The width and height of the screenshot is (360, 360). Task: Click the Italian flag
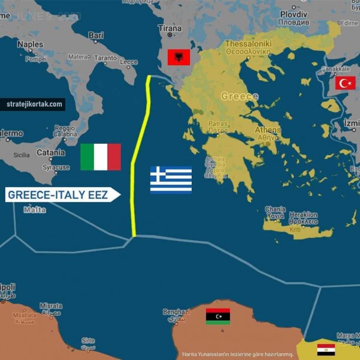(x=100, y=157)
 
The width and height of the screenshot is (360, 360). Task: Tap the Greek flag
(x=171, y=179)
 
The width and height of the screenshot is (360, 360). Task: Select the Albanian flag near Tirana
(x=178, y=57)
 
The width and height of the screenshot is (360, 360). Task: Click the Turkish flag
(x=345, y=83)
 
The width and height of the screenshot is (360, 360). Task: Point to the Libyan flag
(x=218, y=317)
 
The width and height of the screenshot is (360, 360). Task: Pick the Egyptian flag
(x=326, y=349)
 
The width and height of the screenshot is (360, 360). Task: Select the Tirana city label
(x=169, y=28)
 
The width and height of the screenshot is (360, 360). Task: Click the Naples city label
(x=30, y=45)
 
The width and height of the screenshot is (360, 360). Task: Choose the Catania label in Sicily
(x=50, y=152)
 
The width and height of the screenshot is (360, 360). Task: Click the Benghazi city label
(x=176, y=312)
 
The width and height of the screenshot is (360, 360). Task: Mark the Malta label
(x=33, y=209)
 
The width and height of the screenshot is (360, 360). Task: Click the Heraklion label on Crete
(x=303, y=215)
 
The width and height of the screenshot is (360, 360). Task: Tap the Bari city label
(x=96, y=35)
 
